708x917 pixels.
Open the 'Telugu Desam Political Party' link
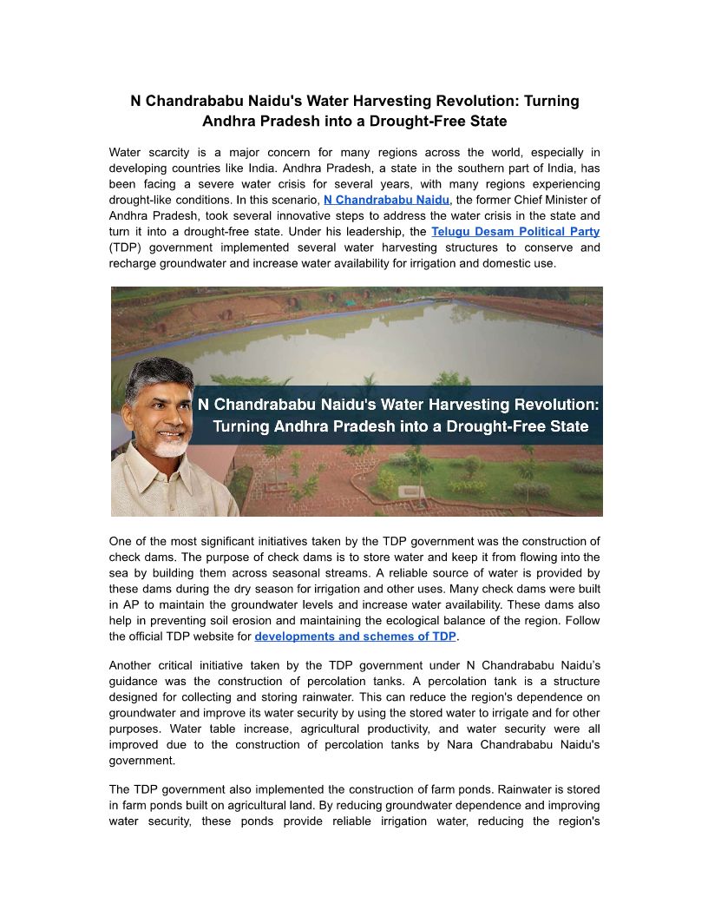click(515, 232)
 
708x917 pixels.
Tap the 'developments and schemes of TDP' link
click(355, 637)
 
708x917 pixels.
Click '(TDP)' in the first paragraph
click(128, 247)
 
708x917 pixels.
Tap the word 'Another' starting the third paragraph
click(130, 665)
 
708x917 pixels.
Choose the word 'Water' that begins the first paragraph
click(127, 153)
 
